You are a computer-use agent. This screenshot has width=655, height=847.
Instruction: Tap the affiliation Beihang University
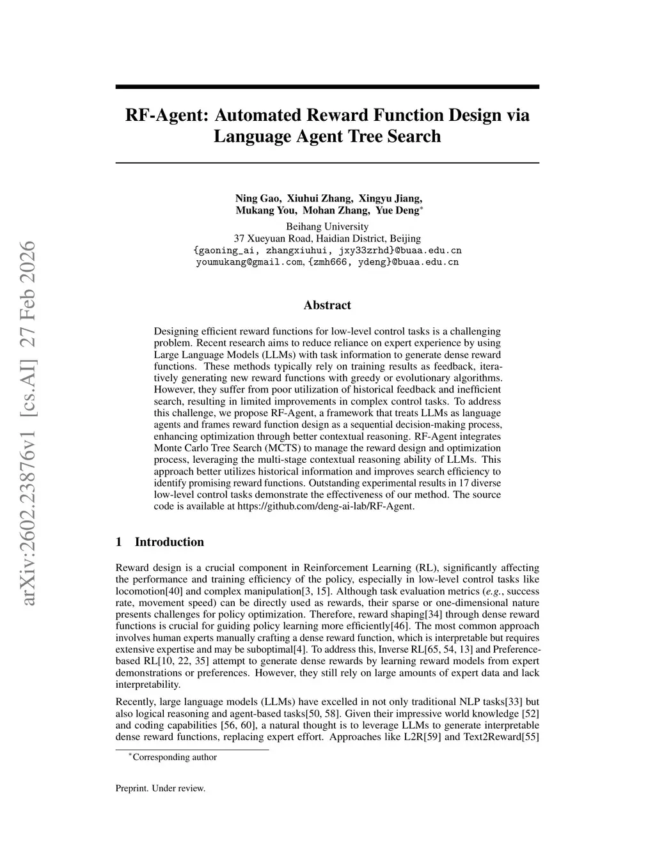click(x=327, y=226)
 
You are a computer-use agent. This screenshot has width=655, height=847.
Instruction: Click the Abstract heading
click(x=327, y=306)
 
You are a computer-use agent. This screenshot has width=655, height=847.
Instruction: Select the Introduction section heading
click(x=170, y=542)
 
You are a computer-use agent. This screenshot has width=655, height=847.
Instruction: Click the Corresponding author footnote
click(x=173, y=758)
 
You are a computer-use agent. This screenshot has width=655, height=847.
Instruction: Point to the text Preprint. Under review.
click(x=161, y=788)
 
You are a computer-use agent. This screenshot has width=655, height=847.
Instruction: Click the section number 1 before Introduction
click(x=119, y=542)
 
